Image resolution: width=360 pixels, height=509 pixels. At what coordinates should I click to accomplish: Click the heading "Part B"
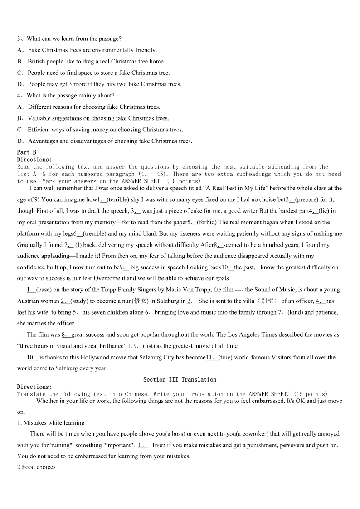26,152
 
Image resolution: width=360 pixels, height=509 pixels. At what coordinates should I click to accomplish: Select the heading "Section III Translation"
180,379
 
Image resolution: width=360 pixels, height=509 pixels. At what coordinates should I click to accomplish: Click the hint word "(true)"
227,357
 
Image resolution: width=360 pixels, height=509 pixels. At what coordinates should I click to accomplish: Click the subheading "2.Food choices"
36,467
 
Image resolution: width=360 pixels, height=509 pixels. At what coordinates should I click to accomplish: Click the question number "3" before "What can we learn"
19,39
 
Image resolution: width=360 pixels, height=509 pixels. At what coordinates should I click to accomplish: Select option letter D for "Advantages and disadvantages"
20,141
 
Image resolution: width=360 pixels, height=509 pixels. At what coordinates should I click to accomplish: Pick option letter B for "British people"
20,62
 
